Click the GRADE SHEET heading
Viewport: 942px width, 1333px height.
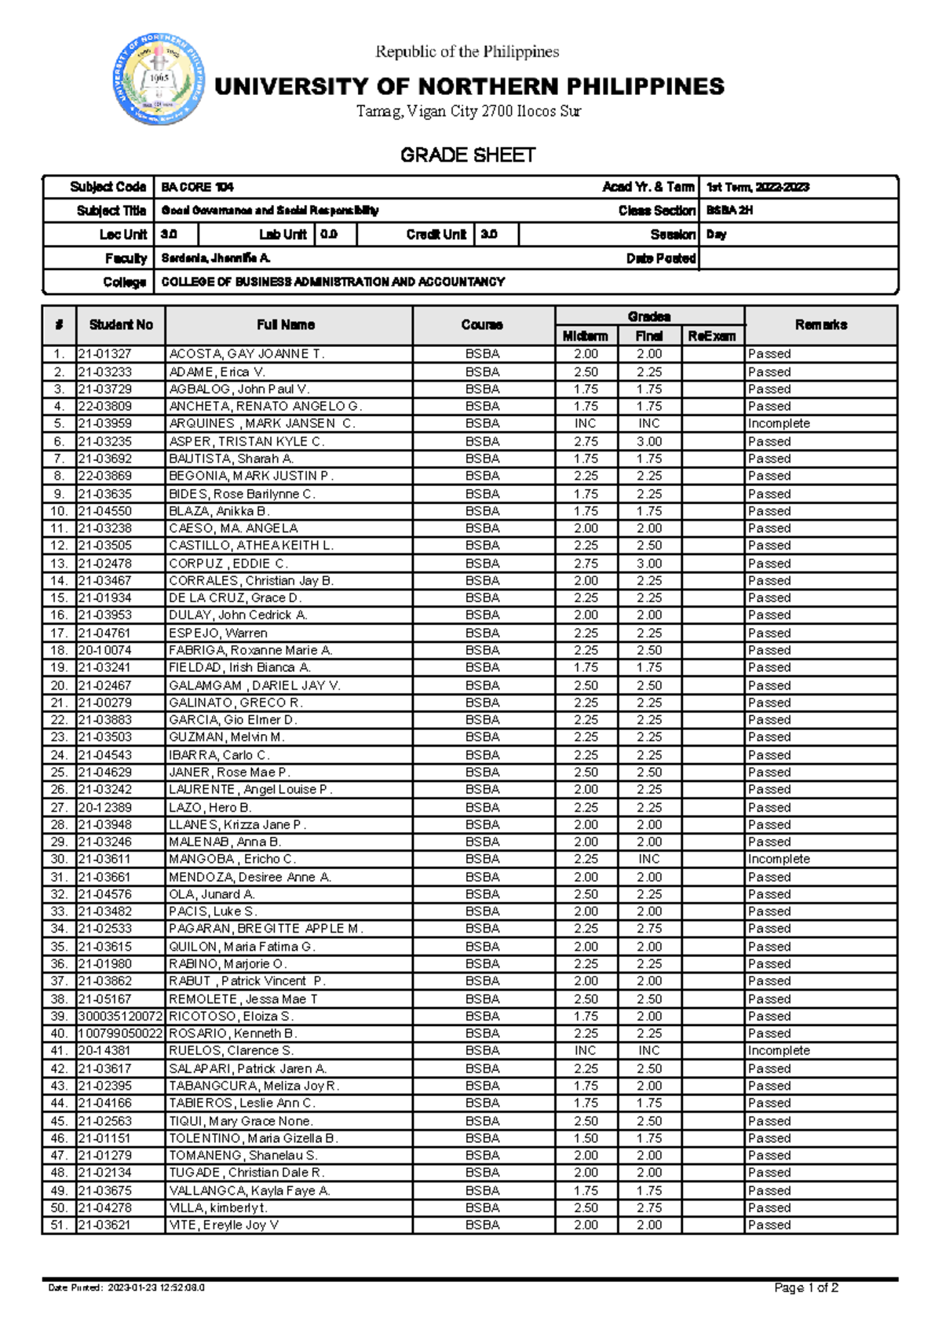[468, 155]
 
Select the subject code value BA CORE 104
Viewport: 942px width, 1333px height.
[197, 187]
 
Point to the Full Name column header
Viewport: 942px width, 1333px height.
[286, 325]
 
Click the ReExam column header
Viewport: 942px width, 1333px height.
[711, 336]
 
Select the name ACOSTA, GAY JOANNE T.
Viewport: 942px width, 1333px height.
[246, 354]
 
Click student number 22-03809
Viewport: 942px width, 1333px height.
[105, 407]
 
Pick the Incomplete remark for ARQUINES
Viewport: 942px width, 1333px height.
[779, 424]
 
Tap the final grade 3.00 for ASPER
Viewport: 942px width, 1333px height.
[649, 441]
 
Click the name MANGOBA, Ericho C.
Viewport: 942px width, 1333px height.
[232, 860]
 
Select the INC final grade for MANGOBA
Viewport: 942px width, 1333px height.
[649, 860]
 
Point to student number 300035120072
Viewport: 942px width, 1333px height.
[120, 1017]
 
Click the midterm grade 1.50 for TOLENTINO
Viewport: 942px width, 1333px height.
[586, 1138]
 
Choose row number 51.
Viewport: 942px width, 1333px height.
[59, 1225]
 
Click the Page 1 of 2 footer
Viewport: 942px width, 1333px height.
[806, 1288]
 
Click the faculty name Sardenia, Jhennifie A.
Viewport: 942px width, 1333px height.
[216, 258]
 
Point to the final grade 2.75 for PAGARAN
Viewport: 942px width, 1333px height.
[649, 929]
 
